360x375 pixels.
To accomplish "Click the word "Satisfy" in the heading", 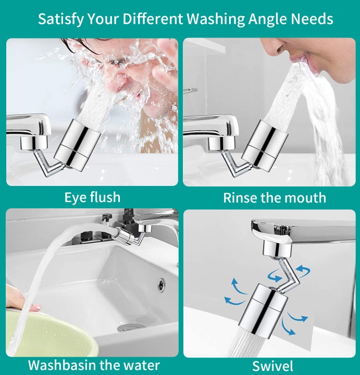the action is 60,19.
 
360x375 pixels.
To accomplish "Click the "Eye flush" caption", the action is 92,197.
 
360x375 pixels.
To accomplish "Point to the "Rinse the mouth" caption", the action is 275,198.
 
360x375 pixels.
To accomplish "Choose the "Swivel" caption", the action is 272,366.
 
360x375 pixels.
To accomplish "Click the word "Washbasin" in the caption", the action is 62,365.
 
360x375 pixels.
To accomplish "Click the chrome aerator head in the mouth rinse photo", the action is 265,146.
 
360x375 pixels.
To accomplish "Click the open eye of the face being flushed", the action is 117,62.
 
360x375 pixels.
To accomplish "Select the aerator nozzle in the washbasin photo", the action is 125,235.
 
